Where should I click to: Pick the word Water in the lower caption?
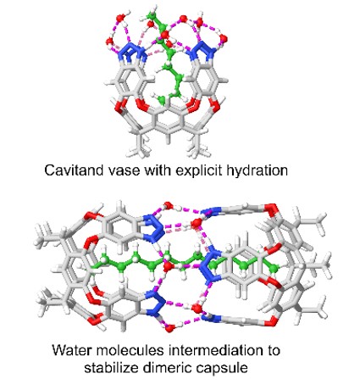pos(72,350)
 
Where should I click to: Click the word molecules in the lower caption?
pos(130,350)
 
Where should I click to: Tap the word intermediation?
pos(215,350)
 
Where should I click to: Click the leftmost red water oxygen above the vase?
pos(109,42)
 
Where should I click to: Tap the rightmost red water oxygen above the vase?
pos(224,38)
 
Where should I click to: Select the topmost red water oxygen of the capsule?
pos(169,205)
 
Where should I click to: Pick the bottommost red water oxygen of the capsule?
pos(169,328)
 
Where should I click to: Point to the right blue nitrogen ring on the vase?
pos(202,51)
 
